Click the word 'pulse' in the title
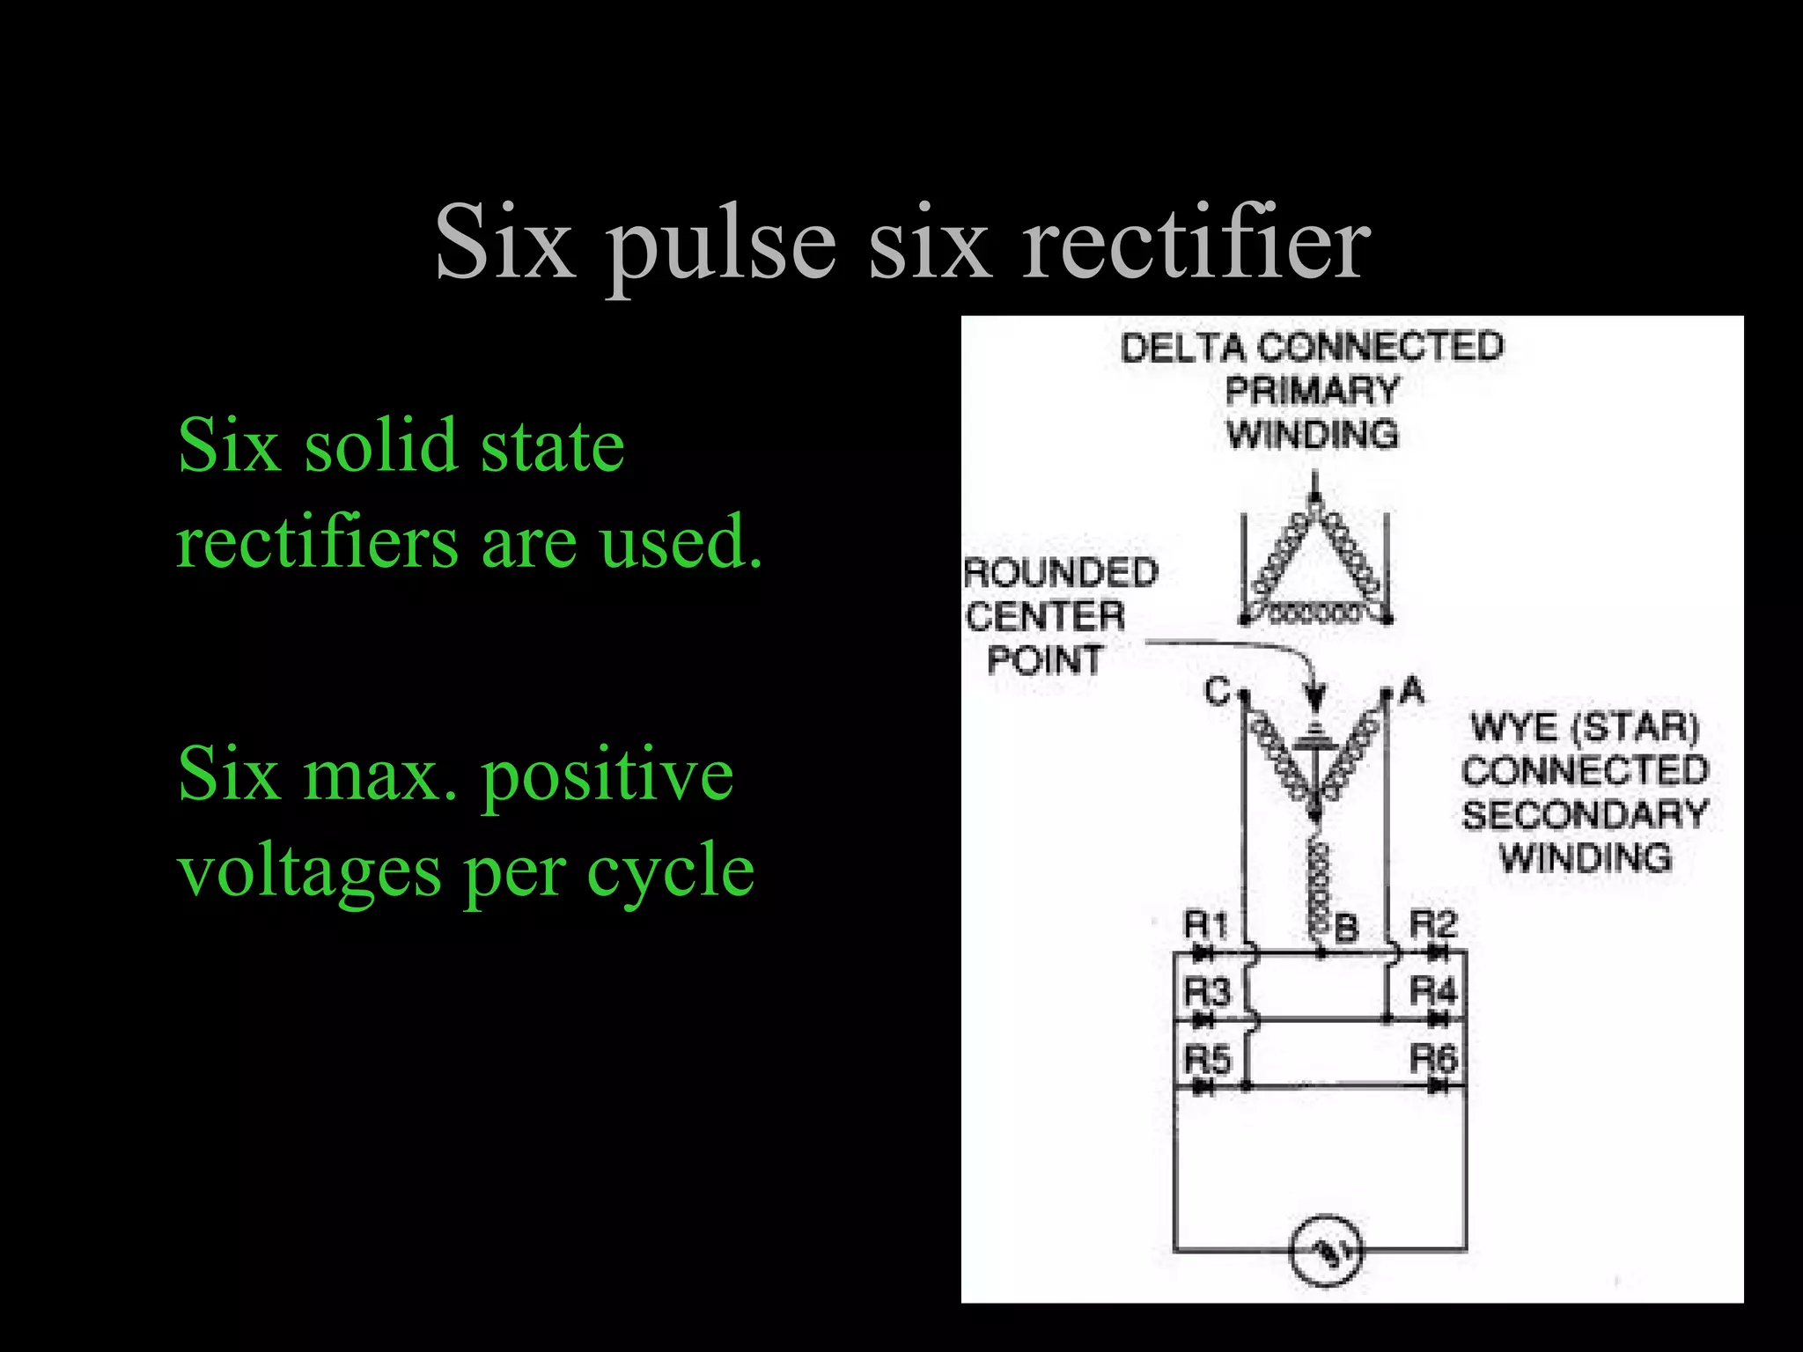pyautogui.click(x=721, y=244)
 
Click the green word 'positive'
pyautogui.click(x=607, y=775)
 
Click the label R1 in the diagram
pyautogui.click(x=1205, y=925)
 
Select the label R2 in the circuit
pyautogui.click(x=1433, y=924)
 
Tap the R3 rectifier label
pyautogui.click(x=1205, y=992)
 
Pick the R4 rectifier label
pyautogui.click(x=1433, y=991)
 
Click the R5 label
pyautogui.click(x=1206, y=1059)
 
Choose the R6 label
pyautogui.click(x=1433, y=1058)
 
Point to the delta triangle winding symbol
pyautogui.click(x=1314, y=568)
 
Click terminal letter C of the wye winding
pyautogui.click(x=1218, y=692)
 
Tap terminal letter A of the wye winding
pyautogui.click(x=1411, y=689)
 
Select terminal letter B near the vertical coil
pyautogui.click(x=1346, y=929)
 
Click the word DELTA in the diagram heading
pyautogui.click(x=1182, y=348)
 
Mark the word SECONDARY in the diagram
pyautogui.click(x=1585, y=815)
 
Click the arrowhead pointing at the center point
pyautogui.click(x=1314, y=700)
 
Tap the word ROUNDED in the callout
pyautogui.click(x=1061, y=574)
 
